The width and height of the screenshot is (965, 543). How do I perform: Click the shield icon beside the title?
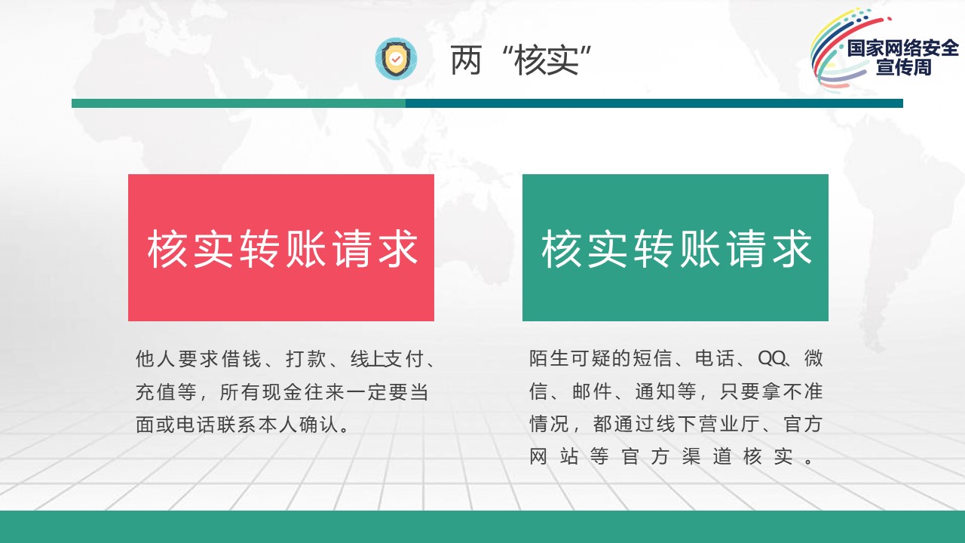click(x=396, y=59)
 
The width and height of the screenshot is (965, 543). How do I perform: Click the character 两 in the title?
click(x=466, y=60)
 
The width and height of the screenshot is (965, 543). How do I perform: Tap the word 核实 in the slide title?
click(x=547, y=60)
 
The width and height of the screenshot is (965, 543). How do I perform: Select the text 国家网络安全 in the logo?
click(x=903, y=48)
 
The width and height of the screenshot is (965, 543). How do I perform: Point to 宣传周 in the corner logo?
click(x=903, y=67)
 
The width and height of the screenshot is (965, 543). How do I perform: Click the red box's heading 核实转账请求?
click(x=282, y=249)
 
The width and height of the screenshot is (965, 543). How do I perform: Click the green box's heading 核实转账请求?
click(x=676, y=249)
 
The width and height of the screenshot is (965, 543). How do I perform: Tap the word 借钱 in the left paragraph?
click(x=241, y=358)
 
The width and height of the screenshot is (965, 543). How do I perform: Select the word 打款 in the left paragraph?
click(x=306, y=358)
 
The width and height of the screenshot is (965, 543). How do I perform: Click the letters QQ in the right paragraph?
click(x=771, y=358)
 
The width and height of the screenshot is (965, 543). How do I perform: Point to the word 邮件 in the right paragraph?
click(x=592, y=391)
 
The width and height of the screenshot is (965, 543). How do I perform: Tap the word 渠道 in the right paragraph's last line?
click(x=706, y=457)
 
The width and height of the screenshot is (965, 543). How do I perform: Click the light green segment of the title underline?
click(x=238, y=103)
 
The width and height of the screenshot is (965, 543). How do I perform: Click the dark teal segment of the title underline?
click(x=654, y=103)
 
